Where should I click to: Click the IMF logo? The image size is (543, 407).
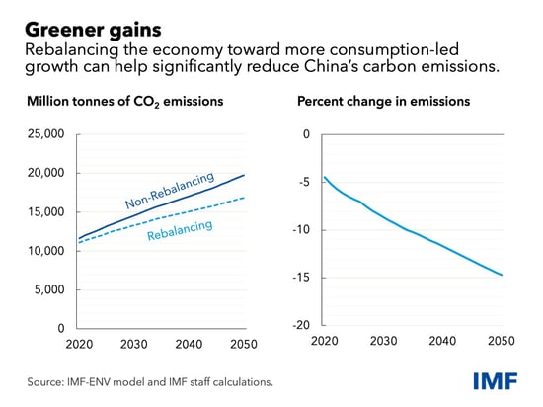[499, 380]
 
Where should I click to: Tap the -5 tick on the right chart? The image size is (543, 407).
[303, 182]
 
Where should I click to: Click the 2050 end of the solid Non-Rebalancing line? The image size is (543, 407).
[245, 175]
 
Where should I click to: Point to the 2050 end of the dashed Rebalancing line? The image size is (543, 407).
[245, 198]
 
